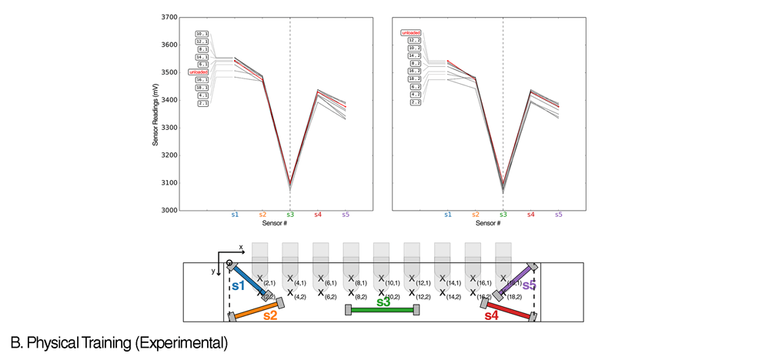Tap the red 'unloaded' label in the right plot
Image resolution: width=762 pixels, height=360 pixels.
(411, 33)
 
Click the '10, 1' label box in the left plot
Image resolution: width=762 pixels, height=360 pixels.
(202, 34)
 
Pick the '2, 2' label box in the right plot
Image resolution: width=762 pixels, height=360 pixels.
(415, 102)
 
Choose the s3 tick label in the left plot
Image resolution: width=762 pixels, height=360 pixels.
(290, 215)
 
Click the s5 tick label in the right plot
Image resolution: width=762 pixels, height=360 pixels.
(558, 215)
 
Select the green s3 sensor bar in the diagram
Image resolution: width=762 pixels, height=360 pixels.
(383, 309)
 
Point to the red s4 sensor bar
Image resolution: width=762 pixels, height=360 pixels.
(506, 309)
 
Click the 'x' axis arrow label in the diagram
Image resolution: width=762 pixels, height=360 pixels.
(241, 247)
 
